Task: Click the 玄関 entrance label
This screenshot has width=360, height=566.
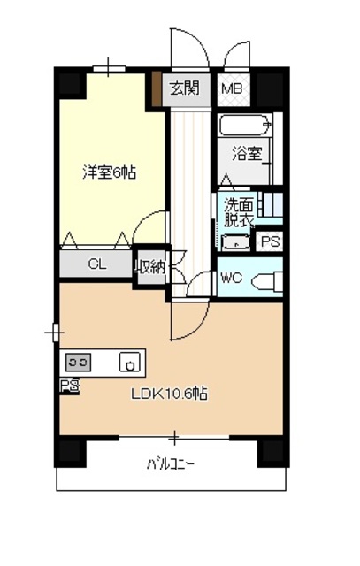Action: [x=186, y=88]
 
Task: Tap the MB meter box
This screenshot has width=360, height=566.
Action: [x=233, y=88]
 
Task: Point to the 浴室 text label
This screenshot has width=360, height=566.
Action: [x=247, y=154]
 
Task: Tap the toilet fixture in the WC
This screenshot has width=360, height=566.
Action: [x=266, y=281]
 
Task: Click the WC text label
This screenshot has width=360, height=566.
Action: [x=231, y=278]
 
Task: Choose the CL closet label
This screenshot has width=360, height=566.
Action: [x=97, y=264]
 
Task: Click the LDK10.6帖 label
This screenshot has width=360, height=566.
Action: [x=171, y=394]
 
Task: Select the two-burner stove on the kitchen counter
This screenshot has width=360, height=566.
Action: [x=78, y=362]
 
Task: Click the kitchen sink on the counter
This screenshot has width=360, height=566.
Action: [x=130, y=362]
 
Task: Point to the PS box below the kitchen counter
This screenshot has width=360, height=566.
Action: [x=68, y=384]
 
